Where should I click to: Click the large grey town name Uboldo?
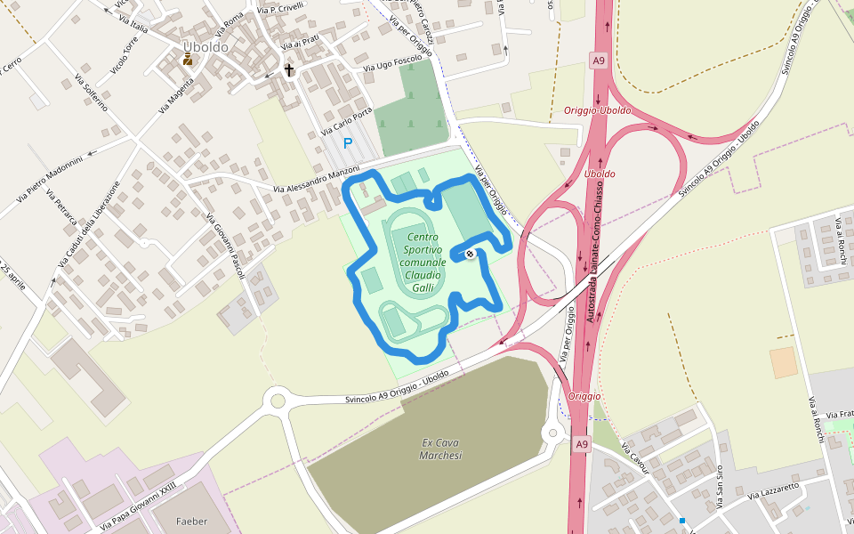tap(205, 46)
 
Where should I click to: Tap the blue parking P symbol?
tap(348, 143)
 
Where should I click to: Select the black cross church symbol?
tap(289, 69)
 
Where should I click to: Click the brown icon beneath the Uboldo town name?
tap(188, 60)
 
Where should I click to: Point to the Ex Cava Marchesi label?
tap(440, 449)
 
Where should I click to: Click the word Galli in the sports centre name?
tap(423, 287)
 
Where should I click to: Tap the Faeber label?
tap(191, 521)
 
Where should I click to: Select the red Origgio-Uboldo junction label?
tap(598, 110)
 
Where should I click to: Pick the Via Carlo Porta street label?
tap(346, 123)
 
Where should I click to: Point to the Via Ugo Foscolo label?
tap(392, 63)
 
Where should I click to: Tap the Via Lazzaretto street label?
tap(773, 489)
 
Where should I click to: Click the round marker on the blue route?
tap(470, 254)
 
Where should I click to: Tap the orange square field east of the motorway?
tap(783, 362)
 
